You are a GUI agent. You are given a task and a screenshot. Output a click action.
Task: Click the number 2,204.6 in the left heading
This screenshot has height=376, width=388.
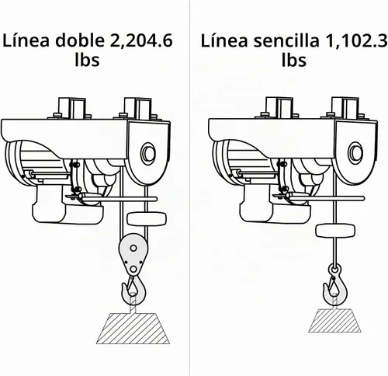point(141,41)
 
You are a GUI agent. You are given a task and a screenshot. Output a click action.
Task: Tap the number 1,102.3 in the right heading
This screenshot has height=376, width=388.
point(358,41)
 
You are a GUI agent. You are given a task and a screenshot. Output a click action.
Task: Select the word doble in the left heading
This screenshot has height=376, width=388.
point(81,40)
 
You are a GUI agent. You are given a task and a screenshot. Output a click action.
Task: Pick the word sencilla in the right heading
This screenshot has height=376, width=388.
point(286,40)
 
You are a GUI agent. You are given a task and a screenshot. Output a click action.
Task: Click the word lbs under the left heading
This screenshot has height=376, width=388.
point(87,60)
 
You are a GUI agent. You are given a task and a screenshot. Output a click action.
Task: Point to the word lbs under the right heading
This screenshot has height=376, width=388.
point(294,60)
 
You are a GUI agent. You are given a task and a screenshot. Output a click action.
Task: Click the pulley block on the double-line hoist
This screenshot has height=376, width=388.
point(133,256)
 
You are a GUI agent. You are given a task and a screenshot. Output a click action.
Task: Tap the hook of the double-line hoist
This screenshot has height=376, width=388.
point(133,291)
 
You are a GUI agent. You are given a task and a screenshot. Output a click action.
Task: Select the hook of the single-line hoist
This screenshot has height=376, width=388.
point(335,285)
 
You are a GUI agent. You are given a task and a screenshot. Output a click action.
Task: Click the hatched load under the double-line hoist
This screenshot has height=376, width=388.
point(133,329)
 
